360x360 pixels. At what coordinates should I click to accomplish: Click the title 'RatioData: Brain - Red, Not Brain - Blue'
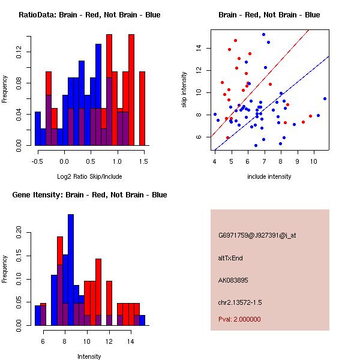coord(89,14)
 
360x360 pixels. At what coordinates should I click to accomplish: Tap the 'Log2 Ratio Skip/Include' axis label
coord(89,177)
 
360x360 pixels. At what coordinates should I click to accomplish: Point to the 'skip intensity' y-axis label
coord(185,90)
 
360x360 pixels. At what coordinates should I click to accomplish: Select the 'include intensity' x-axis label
coord(269,177)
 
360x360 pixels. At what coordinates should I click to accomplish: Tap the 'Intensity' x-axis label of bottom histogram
coord(89,356)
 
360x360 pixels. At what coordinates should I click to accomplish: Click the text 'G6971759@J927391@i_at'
coord(257,235)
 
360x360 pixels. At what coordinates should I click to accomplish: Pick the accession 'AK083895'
coord(233,280)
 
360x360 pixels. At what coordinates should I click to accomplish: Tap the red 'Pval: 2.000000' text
coord(239,319)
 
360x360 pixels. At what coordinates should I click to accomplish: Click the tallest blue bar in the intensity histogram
coord(71,270)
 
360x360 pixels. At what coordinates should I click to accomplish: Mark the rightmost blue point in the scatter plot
coord(325,98)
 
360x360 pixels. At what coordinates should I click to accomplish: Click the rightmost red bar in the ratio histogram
coord(142,108)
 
